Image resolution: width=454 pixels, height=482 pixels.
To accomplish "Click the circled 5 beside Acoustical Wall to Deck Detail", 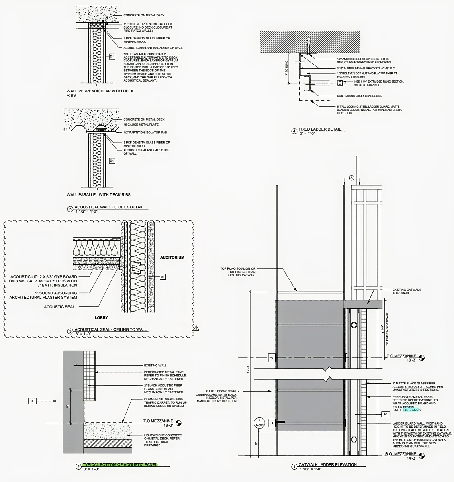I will (71, 209).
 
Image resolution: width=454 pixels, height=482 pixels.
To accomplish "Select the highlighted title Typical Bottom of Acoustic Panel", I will (120, 464).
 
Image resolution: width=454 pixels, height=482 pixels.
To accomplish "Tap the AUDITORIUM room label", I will (172, 257).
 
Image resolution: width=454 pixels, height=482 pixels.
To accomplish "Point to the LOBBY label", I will (101, 317).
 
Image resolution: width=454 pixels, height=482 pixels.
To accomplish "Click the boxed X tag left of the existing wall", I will (32, 400).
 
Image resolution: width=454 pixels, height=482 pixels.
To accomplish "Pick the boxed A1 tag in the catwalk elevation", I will (385, 414).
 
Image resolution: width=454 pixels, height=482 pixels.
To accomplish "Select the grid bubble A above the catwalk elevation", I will (352, 177).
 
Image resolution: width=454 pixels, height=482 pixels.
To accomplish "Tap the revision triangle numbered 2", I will (196, 328).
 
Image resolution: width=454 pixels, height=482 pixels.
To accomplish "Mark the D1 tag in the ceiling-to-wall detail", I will (162, 276).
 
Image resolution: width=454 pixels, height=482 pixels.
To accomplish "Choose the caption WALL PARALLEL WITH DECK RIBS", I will (98, 195).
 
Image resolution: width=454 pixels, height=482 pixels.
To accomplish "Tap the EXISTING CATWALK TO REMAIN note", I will (406, 291).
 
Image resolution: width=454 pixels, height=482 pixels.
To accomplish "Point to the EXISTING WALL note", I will (155, 366).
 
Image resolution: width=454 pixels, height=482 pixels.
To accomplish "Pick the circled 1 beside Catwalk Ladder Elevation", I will (294, 466).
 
